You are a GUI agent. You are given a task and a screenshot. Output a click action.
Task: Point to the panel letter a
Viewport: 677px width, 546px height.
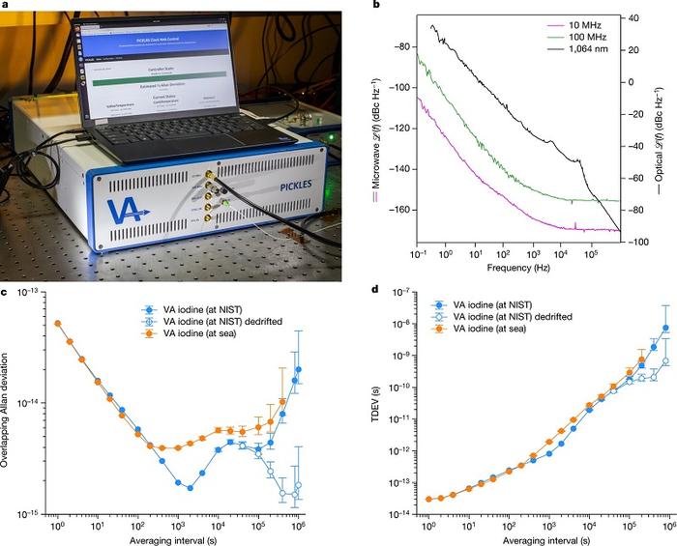[x=5, y=7]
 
